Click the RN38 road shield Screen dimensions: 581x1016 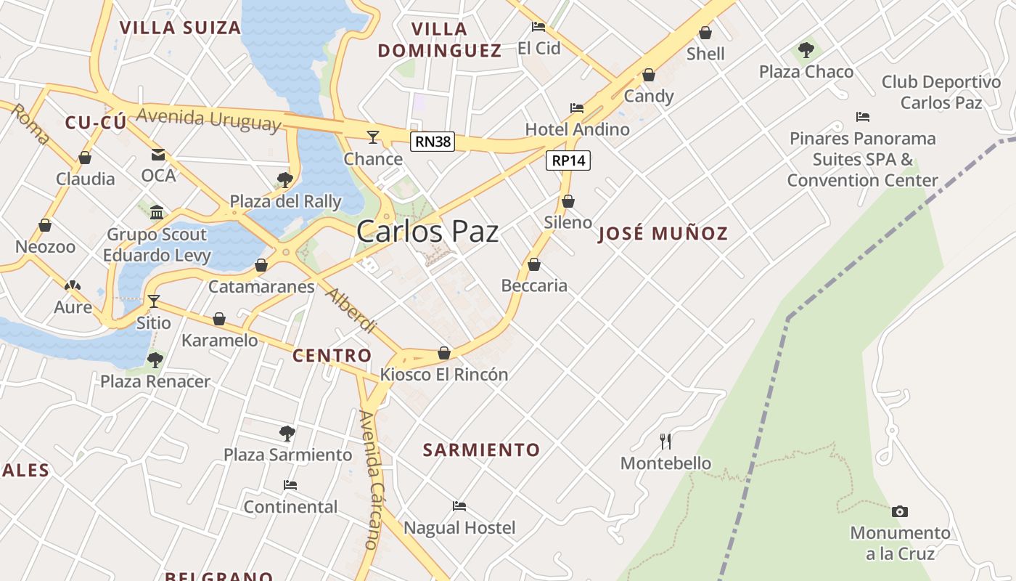pyautogui.click(x=433, y=142)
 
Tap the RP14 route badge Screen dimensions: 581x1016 pyautogui.click(x=568, y=161)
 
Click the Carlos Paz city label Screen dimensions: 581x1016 pyautogui.click(x=427, y=232)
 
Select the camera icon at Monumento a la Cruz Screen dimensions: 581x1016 pyautogui.click(x=900, y=512)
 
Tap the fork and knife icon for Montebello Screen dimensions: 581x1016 pyautogui.click(x=665, y=441)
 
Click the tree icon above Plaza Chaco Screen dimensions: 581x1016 pyautogui.click(x=806, y=50)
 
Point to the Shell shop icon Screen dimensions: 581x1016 pyautogui.click(x=705, y=33)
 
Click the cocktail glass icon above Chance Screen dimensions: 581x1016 pyautogui.click(x=373, y=137)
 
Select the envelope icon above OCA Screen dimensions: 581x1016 pyautogui.click(x=158, y=154)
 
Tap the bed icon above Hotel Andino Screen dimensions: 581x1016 pyautogui.click(x=577, y=108)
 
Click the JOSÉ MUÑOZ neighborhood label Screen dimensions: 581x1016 pyautogui.click(x=663, y=233)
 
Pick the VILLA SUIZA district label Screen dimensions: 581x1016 pyautogui.click(x=180, y=28)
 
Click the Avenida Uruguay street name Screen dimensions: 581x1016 pyautogui.click(x=208, y=118)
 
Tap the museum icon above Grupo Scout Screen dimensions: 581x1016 pyautogui.click(x=157, y=212)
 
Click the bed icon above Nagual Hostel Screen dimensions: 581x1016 pyautogui.click(x=459, y=505)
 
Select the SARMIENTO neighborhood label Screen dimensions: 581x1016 pyautogui.click(x=482, y=450)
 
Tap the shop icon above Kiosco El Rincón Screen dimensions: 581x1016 pyautogui.click(x=444, y=353)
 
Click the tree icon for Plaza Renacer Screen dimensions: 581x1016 pyautogui.click(x=155, y=359)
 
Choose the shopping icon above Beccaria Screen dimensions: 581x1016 pyautogui.click(x=534, y=264)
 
